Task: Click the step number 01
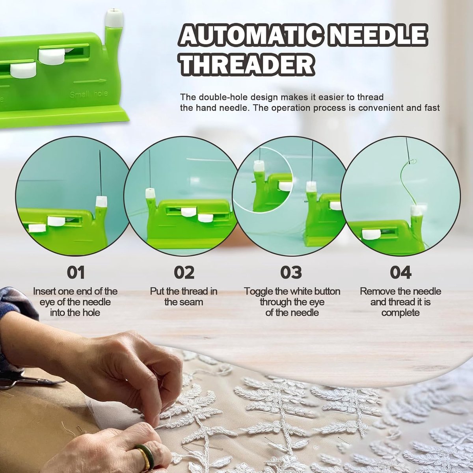point(76,272)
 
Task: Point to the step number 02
point(184,272)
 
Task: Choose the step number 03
point(291,272)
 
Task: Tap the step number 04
point(400,272)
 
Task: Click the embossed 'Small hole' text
point(89,94)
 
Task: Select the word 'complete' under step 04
point(400,313)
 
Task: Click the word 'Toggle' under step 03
point(258,292)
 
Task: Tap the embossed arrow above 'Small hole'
point(90,81)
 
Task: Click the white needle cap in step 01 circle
point(101,201)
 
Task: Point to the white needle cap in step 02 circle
point(150,193)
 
